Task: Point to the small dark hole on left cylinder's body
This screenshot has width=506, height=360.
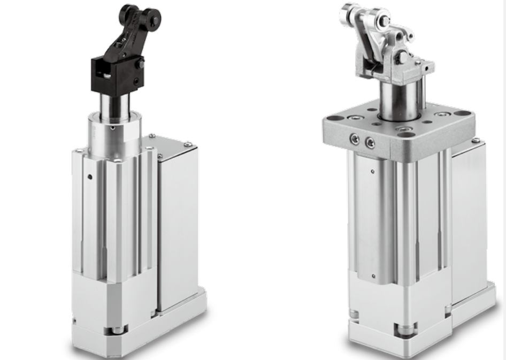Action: (90, 177)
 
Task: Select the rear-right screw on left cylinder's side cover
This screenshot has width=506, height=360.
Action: (187, 143)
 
